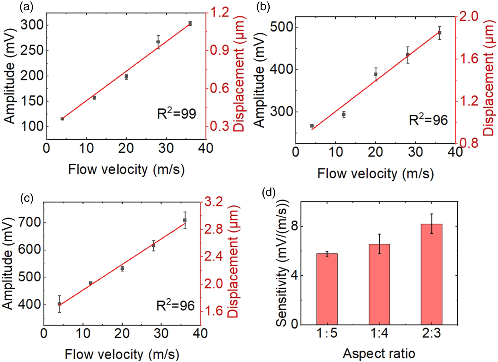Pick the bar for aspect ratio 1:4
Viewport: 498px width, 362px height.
[379, 284]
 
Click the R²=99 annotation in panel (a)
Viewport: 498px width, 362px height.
[176, 113]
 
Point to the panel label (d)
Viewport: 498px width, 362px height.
[269, 193]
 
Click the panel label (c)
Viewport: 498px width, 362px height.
[27, 198]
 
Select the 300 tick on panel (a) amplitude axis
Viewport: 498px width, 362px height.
[32, 25]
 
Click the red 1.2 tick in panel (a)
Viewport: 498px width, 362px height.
[219, 12]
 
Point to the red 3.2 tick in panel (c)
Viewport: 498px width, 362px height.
[213, 202]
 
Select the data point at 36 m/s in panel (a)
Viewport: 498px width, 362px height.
[190, 23]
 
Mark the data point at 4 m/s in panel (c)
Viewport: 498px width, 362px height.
[59, 304]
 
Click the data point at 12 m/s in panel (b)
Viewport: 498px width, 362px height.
[344, 114]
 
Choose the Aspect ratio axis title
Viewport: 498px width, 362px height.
[379, 353]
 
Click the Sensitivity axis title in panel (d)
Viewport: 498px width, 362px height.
[282, 263]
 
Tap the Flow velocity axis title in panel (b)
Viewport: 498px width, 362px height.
[375, 174]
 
